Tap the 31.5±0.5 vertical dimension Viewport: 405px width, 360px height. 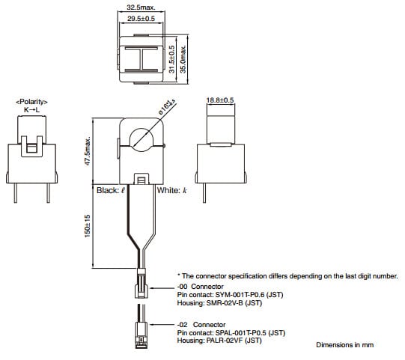[171, 59]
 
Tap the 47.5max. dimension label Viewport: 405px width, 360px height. [88, 153]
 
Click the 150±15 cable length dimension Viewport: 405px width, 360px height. [88, 225]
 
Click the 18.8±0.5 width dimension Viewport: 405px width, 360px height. [220, 100]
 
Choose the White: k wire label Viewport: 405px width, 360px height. [171, 191]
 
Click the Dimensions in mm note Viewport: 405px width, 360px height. [344, 344]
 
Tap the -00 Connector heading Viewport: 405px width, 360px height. [201, 287]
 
